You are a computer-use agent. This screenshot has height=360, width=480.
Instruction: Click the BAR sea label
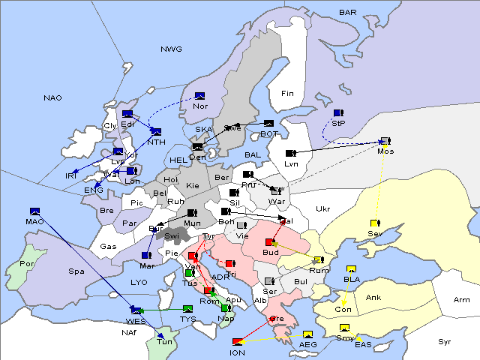click(x=347, y=12)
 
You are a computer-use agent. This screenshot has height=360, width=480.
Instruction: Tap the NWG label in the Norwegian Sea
click(x=171, y=49)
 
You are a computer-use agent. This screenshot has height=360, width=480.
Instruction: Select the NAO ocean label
click(x=52, y=98)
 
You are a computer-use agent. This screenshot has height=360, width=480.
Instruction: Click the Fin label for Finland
click(x=287, y=94)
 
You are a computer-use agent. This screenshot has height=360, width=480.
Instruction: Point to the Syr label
click(x=445, y=341)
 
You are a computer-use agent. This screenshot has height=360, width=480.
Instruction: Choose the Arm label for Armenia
click(x=462, y=300)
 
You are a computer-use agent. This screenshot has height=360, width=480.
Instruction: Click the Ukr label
click(x=323, y=208)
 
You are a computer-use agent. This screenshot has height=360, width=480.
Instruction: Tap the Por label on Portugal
click(x=28, y=264)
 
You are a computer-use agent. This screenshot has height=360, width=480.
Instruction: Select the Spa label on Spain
click(x=76, y=271)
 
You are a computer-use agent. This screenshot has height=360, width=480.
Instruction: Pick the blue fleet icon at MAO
click(x=34, y=211)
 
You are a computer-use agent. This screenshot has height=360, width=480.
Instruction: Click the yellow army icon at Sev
click(x=374, y=223)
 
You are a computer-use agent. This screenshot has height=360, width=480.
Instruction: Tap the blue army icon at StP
click(x=338, y=113)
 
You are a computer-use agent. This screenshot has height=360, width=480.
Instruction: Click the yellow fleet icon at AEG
click(x=307, y=334)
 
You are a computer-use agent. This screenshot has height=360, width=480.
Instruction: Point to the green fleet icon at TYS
click(x=187, y=308)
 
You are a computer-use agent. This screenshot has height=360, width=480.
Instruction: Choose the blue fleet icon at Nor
click(x=200, y=95)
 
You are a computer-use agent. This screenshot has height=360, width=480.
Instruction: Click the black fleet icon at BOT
click(x=268, y=124)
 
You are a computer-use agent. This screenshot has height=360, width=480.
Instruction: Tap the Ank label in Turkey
click(x=373, y=298)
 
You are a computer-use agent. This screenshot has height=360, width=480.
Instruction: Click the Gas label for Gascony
click(x=108, y=247)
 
